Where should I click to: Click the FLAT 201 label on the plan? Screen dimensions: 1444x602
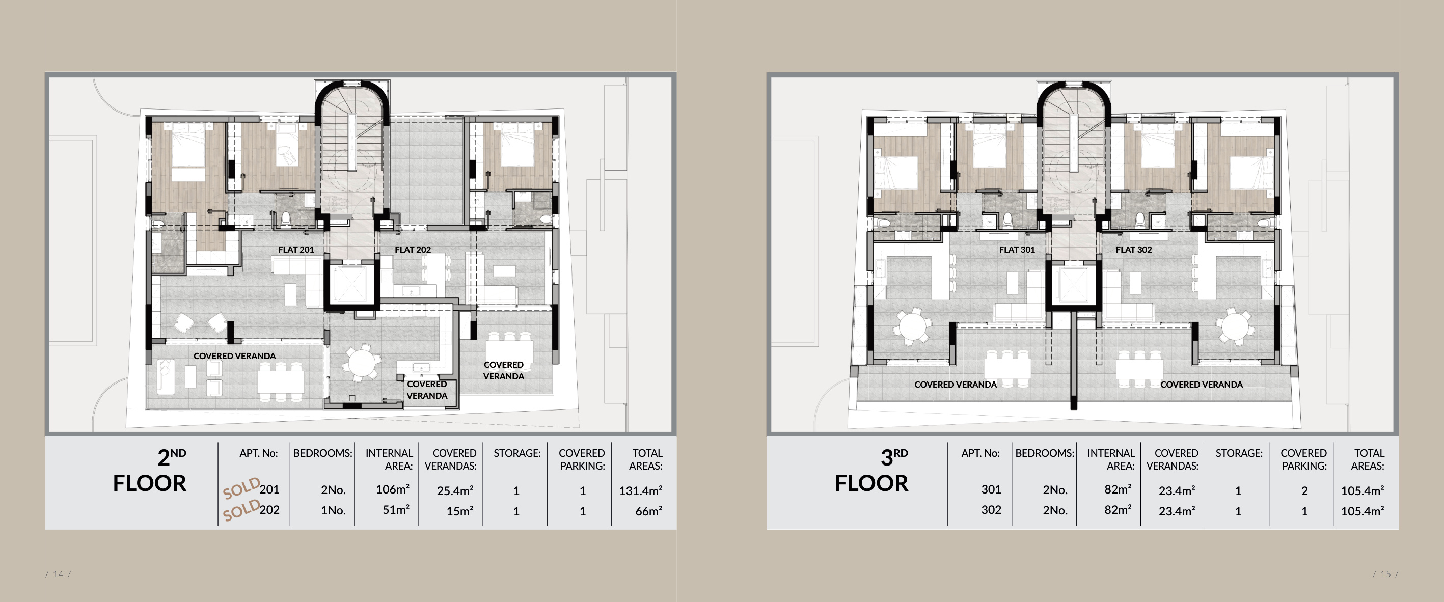tap(296, 250)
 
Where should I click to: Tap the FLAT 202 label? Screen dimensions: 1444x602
tap(413, 250)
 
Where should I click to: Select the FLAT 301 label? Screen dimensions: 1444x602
tap(1017, 250)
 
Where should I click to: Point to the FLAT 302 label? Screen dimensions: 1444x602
tap(1133, 250)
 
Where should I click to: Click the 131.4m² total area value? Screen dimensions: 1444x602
tap(640, 490)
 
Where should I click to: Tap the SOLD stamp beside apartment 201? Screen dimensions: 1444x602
tap(241, 488)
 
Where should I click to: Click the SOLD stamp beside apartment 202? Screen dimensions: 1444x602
tap(241, 509)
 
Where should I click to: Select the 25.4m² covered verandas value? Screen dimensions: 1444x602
tap(455, 490)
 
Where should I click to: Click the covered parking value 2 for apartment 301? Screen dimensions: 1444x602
tap(1304, 491)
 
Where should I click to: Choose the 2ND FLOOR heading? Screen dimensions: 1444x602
tap(150, 471)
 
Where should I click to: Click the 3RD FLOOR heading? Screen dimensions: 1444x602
tap(871, 471)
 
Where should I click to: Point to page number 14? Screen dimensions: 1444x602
tap(58, 574)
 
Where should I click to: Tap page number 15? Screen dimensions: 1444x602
tap(1386, 574)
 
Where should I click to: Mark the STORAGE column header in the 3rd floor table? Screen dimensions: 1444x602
tap(1239, 453)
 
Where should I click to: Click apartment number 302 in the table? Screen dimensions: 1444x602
tap(991, 509)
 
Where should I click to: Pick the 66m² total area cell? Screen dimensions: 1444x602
tap(648, 511)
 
